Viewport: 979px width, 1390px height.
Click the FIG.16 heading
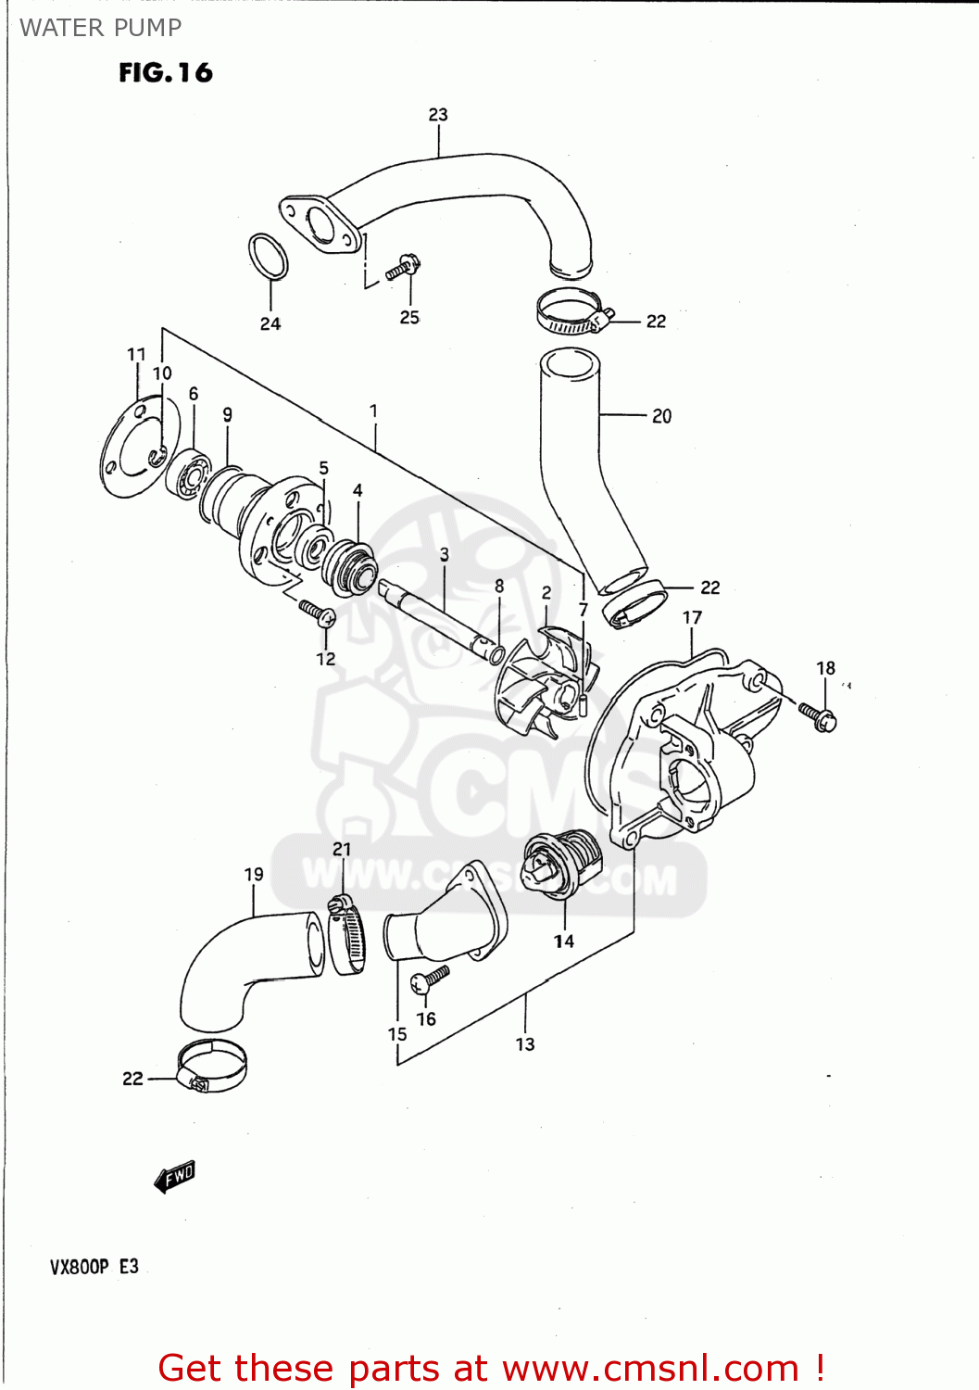point(165,73)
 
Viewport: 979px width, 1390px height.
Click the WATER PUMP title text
point(100,28)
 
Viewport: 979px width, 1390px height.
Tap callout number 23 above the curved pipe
point(438,115)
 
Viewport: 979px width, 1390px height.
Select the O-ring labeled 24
point(268,256)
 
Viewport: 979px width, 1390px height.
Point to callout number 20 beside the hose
point(661,416)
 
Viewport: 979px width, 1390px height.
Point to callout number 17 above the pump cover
point(692,618)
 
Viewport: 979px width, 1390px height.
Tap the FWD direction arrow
point(174,1177)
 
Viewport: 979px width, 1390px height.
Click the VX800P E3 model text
point(94,1267)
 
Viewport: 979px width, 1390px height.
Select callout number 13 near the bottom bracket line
point(525,1044)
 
